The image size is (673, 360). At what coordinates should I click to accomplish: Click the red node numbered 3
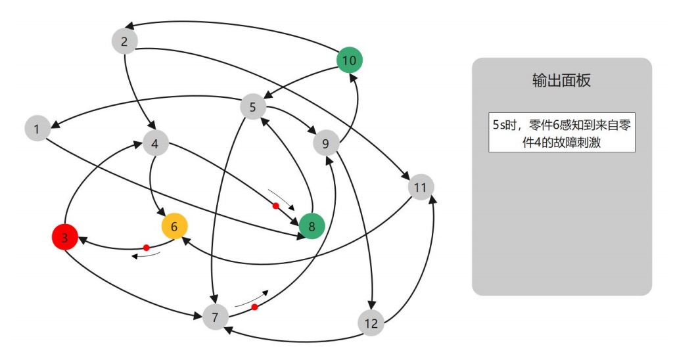pyautogui.click(x=65, y=236)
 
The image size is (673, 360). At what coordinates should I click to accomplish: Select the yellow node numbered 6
pyautogui.click(x=175, y=226)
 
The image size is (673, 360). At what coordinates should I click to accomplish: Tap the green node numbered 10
pyautogui.click(x=350, y=60)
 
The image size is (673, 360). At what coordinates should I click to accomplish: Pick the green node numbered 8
pyautogui.click(x=312, y=226)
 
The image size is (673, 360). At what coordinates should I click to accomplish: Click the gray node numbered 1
pyautogui.click(x=37, y=128)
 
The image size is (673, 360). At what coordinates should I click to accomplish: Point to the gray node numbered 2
pyautogui.click(x=124, y=41)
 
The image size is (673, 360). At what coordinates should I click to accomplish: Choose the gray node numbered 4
pyautogui.click(x=155, y=143)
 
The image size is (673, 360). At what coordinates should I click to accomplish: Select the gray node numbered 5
pyautogui.click(x=253, y=106)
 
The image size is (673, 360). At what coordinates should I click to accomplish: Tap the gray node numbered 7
pyautogui.click(x=215, y=317)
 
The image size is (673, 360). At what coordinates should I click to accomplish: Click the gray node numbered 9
pyautogui.click(x=326, y=143)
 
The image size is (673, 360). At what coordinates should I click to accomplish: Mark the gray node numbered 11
pyautogui.click(x=420, y=187)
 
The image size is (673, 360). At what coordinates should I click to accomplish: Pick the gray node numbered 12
pyautogui.click(x=371, y=323)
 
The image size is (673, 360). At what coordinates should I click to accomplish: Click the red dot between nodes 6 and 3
pyautogui.click(x=147, y=248)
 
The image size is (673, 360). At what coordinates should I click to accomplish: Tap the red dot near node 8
pyautogui.click(x=276, y=206)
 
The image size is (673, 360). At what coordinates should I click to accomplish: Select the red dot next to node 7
pyautogui.click(x=254, y=307)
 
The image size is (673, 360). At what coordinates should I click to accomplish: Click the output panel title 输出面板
pyautogui.click(x=561, y=80)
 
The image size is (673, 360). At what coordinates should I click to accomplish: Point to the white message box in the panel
pyautogui.click(x=562, y=132)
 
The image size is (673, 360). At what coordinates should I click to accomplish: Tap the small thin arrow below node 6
pyautogui.click(x=146, y=256)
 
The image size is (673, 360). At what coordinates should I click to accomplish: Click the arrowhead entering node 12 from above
pyautogui.click(x=373, y=305)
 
